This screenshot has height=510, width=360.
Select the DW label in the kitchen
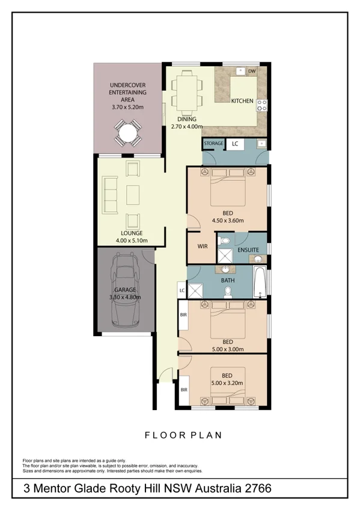coord(252,72)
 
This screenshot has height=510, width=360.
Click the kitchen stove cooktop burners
coord(262,105)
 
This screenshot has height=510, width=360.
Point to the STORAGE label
coord(213,144)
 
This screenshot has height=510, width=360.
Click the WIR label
coord(202,247)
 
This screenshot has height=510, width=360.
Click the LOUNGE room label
coord(131,233)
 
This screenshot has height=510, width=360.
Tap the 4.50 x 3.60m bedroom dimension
coord(228,221)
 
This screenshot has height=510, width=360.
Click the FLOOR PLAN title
coord(184,435)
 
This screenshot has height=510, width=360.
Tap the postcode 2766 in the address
coord(264,488)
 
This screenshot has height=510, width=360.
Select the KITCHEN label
coord(242,101)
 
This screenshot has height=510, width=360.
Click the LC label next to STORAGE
coord(235,144)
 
